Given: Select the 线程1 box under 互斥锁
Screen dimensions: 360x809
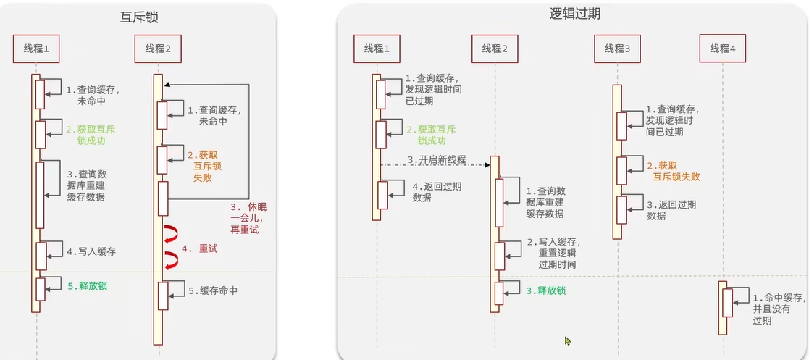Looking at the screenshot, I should tap(35, 49).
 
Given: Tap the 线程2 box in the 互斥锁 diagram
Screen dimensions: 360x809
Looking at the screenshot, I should tap(158, 49).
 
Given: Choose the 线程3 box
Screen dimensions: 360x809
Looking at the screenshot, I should tap(617, 49).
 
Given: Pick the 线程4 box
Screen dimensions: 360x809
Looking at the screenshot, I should tap(722, 49).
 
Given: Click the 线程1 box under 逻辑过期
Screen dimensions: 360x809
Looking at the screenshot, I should tap(377, 49).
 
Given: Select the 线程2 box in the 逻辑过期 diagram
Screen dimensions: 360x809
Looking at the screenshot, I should tap(495, 49).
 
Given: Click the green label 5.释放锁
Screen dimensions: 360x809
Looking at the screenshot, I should tap(88, 285).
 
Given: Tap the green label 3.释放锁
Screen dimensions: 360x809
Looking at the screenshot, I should tap(546, 290).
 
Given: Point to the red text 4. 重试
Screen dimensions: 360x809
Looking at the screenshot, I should tap(199, 248).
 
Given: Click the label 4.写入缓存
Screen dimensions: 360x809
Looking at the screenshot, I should tap(91, 251).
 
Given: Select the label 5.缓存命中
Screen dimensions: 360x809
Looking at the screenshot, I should tap(213, 290).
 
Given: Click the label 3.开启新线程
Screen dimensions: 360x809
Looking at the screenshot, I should tap(436, 159).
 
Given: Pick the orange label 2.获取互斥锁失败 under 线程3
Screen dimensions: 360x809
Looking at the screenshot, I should tap(673, 172).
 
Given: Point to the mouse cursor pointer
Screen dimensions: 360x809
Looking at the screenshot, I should tap(568, 340).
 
